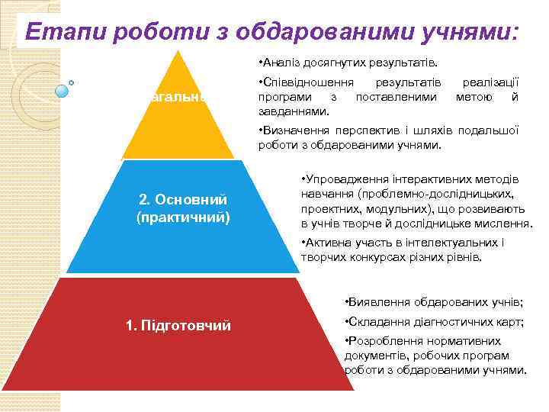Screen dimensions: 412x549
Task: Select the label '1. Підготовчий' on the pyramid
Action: [178, 326]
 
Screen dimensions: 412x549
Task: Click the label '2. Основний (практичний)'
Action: [183, 208]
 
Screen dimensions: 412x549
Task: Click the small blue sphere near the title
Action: [63, 91]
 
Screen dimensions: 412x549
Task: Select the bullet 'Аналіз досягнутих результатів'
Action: [352, 62]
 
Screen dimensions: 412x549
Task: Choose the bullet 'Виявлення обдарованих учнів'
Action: [435, 301]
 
